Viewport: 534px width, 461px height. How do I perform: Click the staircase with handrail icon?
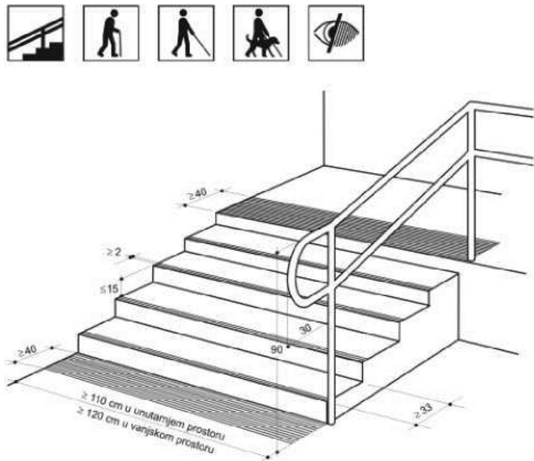36,33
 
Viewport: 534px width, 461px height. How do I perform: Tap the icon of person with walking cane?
111,33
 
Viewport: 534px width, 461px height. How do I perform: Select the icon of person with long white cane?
186,33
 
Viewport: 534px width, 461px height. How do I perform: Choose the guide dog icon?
261,33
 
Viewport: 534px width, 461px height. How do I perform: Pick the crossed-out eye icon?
336,33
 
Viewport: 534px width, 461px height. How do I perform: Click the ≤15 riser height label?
109,289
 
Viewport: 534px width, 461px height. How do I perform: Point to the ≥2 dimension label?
114,252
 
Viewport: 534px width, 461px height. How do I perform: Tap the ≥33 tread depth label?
423,411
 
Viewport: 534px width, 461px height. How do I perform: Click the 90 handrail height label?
277,349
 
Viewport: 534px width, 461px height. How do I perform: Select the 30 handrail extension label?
306,329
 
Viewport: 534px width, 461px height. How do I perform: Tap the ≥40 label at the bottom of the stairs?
27,351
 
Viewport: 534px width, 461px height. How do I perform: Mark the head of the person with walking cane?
114,13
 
